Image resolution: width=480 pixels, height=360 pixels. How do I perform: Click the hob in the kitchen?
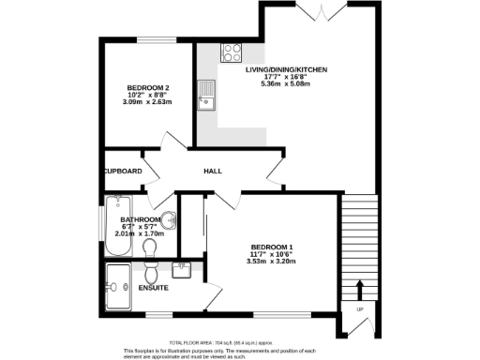point(230,52)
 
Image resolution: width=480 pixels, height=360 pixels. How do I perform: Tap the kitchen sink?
point(206,93)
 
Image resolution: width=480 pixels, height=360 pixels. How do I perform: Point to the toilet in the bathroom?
point(150,247)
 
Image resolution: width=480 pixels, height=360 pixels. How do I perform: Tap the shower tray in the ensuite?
point(118,278)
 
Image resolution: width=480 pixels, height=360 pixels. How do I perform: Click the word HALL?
point(213,172)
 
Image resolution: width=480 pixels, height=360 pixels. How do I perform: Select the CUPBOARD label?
point(123,172)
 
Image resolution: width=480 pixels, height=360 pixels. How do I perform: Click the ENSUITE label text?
point(154,287)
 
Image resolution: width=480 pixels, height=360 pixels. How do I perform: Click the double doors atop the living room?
point(320,10)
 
